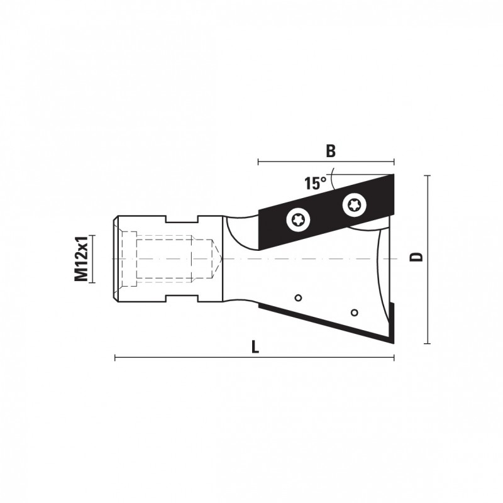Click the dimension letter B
click(x=331, y=151)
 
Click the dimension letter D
click(x=416, y=257)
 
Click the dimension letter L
click(x=255, y=347)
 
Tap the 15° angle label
click(x=316, y=183)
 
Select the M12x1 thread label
click(x=81, y=258)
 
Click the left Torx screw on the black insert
click(x=299, y=220)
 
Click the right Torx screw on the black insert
click(x=355, y=205)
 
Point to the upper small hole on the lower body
click(x=298, y=298)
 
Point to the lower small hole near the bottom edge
click(x=355, y=312)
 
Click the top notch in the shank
click(x=182, y=219)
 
